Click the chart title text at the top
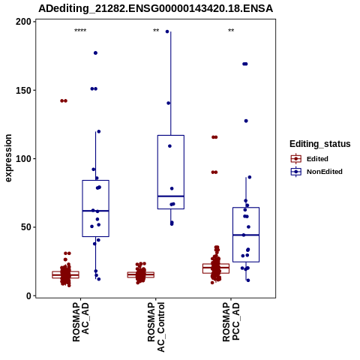pyautogui.click(x=155, y=8)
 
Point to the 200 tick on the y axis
pyautogui.click(x=23, y=22)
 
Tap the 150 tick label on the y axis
pyautogui.click(x=23, y=90)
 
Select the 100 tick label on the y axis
pyautogui.click(x=23, y=159)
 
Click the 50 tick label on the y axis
pyautogui.click(x=26, y=227)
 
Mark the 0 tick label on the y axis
pyautogui.click(x=29, y=296)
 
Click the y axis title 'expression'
pyautogui.click(x=8, y=158)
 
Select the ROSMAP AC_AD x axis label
pyautogui.click(x=81, y=322)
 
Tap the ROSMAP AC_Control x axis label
pyautogui.click(x=156, y=327)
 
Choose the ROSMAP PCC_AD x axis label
pyautogui.click(x=231, y=322)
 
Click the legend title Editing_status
pyautogui.click(x=320, y=144)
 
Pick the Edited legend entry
pyautogui.click(x=310, y=159)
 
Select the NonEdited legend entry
pyautogui.click(x=316, y=172)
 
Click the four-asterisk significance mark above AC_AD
pyautogui.click(x=80, y=31)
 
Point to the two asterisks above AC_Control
pyautogui.click(x=156, y=31)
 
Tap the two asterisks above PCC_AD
pyautogui.click(x=231, y=31)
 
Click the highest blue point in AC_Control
pyautogui.click(x=167, y=31)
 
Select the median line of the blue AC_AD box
pyautogui.click(x=95, y=211)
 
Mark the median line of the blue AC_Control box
pyautogui.click(x=171, y=196)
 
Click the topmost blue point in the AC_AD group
pyautogui.click(x=95, y=53)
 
